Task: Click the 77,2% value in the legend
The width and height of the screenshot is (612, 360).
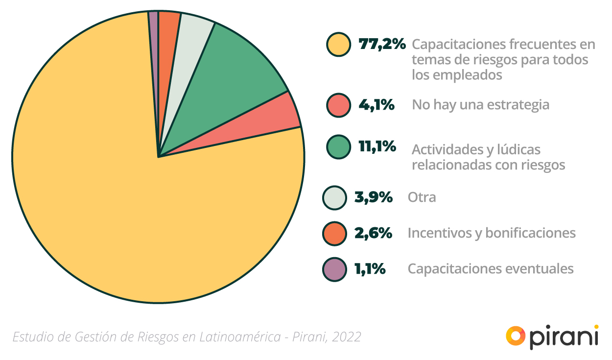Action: pyautogui.click(x=382, y=45)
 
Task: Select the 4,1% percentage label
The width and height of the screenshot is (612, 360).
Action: pyautogui.click(x=377, y=105)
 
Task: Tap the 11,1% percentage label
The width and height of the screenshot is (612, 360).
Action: pyautogui.click(x=377, y=146)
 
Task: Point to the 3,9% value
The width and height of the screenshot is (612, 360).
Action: pyautogui.click(x=373, y=197)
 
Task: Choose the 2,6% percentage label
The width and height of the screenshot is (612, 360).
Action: pyautogui.click(x=373, y=233)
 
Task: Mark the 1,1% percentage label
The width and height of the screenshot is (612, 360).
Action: pyautogui.click(x=370, y=269)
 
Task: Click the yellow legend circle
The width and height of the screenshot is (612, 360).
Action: pyautogui.click(x=338, y=45)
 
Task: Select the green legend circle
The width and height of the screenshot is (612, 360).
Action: pyautogui.click(x=338, y=147)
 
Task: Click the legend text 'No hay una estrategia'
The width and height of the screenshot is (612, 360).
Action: pyautogui.click(x=480, y=105)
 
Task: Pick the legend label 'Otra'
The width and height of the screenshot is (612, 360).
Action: pyautogui.click(x=422, y=197)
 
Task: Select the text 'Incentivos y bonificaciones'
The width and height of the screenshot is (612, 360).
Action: pyautogui.click(x=492, y=233)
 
